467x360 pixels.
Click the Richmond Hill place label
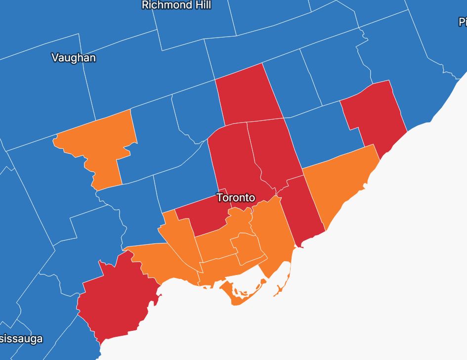176,5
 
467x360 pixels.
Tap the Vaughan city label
74,58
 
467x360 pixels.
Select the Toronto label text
236,198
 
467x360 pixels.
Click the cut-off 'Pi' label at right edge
463,22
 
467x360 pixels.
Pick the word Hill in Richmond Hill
203,5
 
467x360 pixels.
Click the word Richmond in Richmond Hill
167,5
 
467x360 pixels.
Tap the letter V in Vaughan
54,58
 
